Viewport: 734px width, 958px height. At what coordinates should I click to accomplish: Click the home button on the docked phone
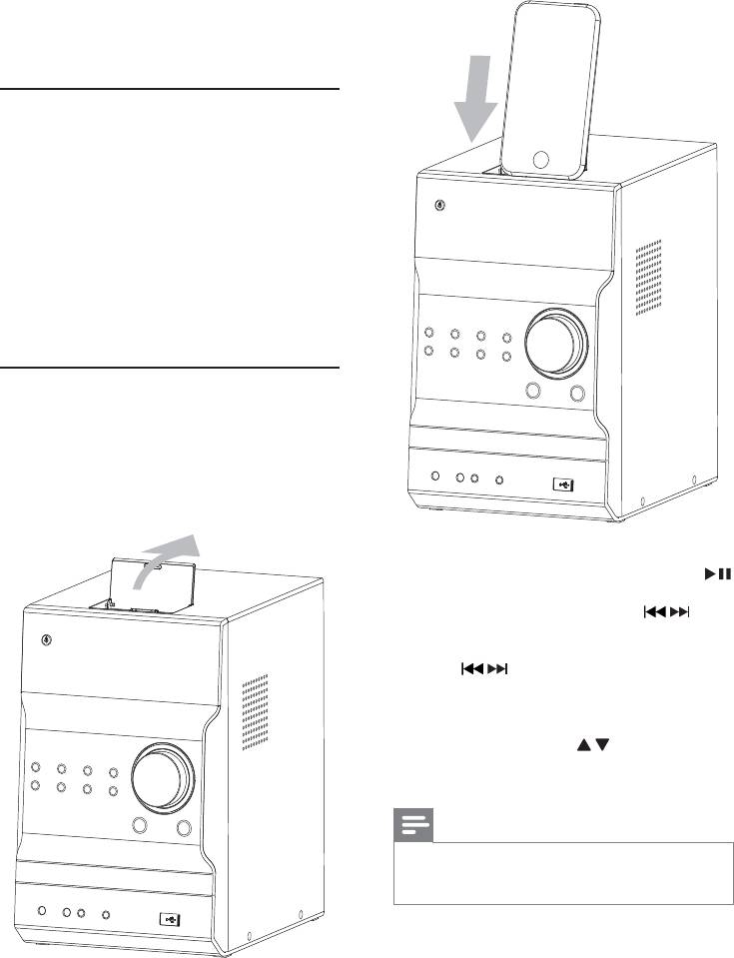(x=542, y=158)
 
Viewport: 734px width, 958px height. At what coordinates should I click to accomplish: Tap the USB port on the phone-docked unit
(x=563, y=483)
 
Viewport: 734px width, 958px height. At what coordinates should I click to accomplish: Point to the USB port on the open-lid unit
(x=170, y=917)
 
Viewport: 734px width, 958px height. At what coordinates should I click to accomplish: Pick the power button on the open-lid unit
(x=48, y=641)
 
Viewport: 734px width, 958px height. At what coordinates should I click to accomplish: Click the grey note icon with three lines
(x=413, y=827)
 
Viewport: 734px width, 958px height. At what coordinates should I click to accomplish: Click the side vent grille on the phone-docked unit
(x=650, y=282)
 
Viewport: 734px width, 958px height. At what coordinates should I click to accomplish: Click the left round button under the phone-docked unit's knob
(x=533, y=393)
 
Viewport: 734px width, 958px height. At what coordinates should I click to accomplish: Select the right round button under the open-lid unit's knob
(x=183, y=827)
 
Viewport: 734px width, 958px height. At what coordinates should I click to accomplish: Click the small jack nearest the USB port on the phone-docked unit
(x=499, y=480)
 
